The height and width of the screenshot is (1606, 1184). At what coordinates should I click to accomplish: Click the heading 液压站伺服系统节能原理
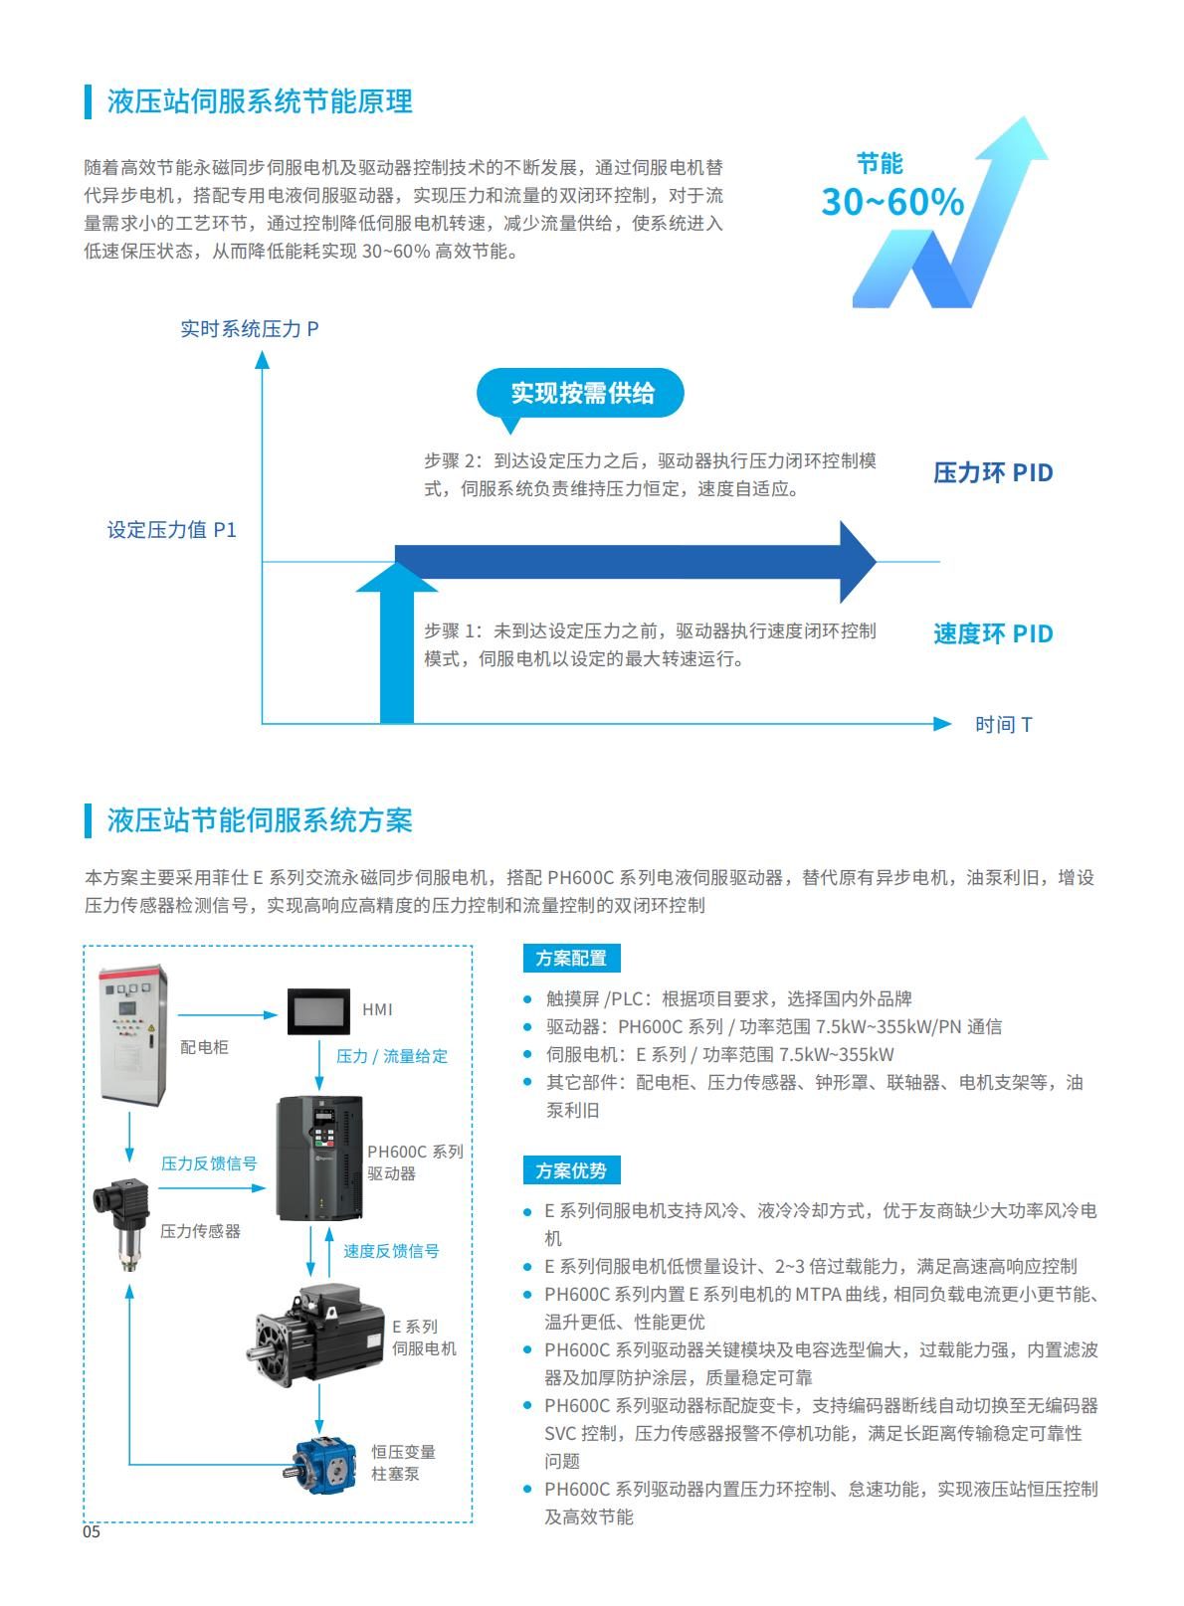[x=260, y=101]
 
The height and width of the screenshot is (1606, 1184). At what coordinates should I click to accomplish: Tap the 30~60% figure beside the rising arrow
[x=892, y=202]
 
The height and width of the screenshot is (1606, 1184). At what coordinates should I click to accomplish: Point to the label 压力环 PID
[x=993, y=473]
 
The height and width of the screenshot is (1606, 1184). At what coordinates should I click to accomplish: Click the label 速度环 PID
[x=993, y=633]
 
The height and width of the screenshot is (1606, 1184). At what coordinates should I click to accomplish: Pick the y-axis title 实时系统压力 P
[x=250, y=329]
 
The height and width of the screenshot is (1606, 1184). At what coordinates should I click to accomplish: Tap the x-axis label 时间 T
[x=1003, y=725]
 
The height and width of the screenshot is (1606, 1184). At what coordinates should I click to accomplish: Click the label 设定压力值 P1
[x=172, y=530]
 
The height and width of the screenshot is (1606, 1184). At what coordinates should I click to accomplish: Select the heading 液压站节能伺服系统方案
[x=260, y=820]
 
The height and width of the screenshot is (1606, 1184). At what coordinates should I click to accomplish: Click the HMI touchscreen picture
[x=319, y=1011]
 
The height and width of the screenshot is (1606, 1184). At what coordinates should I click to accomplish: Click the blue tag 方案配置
[x=571, y=958]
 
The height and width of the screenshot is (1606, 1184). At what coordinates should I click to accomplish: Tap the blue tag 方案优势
[x=571, y=1170]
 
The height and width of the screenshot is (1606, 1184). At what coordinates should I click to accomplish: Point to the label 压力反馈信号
[x=209, y=1162]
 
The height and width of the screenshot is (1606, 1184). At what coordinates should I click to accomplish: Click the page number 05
[x=92, y=1532]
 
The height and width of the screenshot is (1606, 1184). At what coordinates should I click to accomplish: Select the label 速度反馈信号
[x=392, y=1251]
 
